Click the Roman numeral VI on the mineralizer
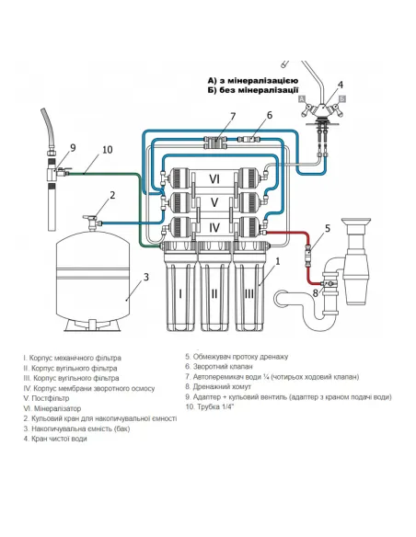[214, 178]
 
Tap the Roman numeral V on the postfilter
[214, 202]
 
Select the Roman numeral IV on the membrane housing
[214, 227]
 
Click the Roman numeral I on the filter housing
[180, 293]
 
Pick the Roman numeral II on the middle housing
[214, 293]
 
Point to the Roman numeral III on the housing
[249, 293]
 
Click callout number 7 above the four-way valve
[233, 117]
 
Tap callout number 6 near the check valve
[270, 116]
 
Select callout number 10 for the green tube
[108, 150]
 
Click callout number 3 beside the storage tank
[146, 277]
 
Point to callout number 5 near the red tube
[328, 228]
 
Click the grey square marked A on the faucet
[302, 99]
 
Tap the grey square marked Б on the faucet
[341, 99]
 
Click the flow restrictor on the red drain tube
[307, 256]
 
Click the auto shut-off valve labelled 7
[215, 143]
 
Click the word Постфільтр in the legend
[51, 398]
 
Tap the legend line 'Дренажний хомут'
[218, 386]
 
